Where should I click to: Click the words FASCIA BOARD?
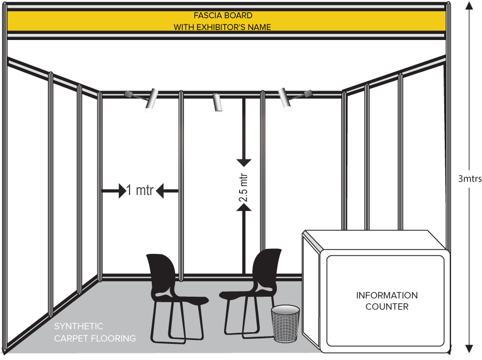coord(222,16)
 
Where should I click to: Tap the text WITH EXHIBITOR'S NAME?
coord(222,27)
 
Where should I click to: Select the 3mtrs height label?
coord(470,179)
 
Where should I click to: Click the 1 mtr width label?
coord(140,191)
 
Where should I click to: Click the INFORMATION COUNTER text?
coord(387,301)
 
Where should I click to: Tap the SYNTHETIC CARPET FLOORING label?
coord(95,332)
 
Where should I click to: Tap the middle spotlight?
coord(217,102)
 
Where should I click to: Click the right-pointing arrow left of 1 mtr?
coord(122,192)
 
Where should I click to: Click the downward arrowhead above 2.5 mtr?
coord(244,162)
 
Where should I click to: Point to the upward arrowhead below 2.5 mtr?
coord(244,207)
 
